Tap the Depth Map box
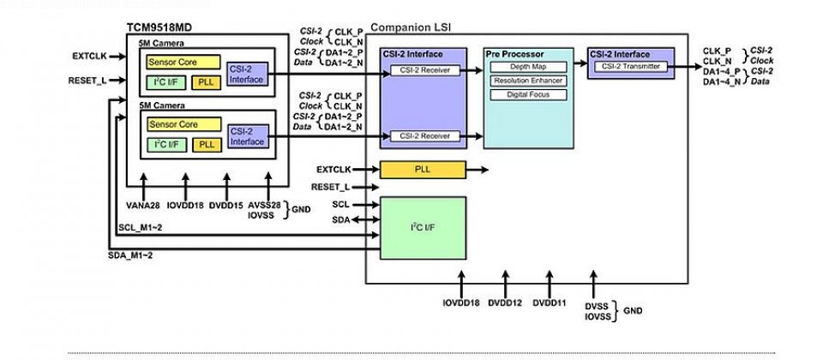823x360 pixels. pos(526,66)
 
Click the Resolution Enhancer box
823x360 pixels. pos(526,80)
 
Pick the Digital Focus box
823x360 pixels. pos(526,93)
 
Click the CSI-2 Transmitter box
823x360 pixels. pos(630,65)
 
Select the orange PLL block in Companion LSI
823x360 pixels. pos(423,169)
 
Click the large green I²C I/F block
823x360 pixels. pos(423,227)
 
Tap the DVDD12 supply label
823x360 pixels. pos(506,304)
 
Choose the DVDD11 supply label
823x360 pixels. pos(550,304)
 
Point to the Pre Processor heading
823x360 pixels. pos(514,53)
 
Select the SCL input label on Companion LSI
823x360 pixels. pos(339,204)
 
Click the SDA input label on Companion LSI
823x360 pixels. pos(339,219)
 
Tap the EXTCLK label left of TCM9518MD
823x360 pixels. pos(87,57)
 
